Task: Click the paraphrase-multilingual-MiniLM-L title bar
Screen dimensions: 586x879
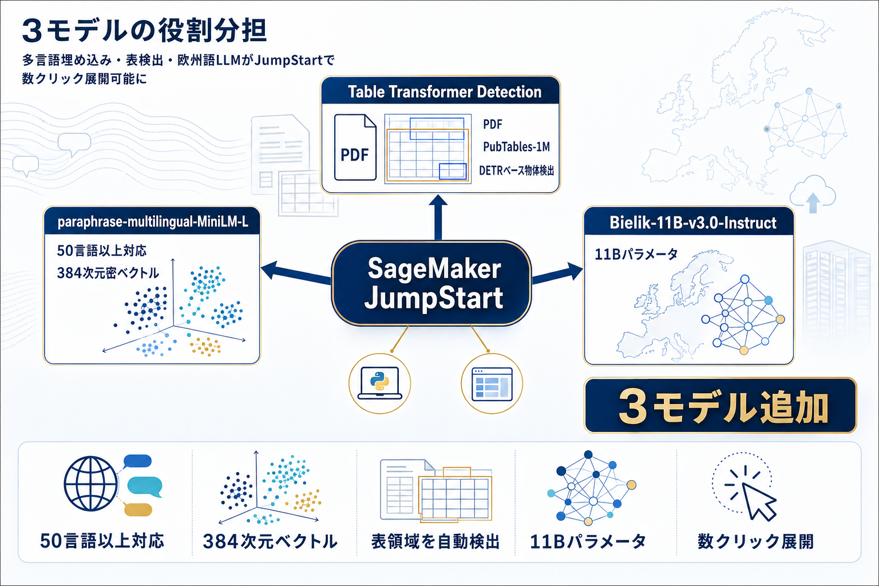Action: (152, 222)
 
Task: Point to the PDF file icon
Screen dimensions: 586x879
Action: (355, 148)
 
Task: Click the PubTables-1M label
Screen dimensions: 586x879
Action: (516, 147)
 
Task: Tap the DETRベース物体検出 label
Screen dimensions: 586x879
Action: (516, 171)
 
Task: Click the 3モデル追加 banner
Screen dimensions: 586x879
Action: (720, 406)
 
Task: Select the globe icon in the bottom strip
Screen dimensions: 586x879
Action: (90, 484)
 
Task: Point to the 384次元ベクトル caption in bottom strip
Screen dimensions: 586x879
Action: (270, 541)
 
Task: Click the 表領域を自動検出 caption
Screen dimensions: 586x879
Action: (435, 541)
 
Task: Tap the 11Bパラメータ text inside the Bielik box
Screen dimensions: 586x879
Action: (636, 254)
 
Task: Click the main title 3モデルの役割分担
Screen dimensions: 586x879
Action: (144, 31)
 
